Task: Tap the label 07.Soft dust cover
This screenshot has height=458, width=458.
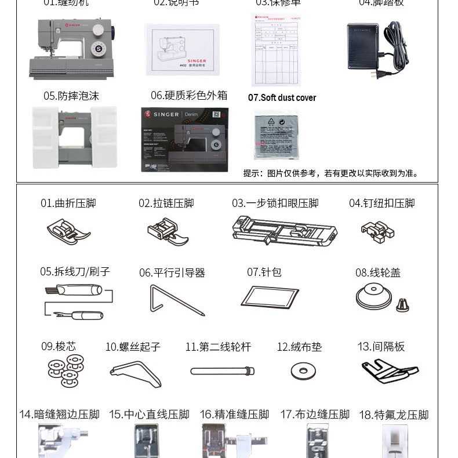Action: coord(282,97)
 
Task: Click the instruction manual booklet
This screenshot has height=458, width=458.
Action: coord(182,49)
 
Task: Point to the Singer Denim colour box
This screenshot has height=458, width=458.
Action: coord(184,139)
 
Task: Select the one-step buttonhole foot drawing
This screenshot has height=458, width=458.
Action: coord(284,231)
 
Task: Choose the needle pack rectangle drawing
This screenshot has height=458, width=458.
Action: coord(270,297)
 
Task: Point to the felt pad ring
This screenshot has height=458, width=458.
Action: coord(303,371)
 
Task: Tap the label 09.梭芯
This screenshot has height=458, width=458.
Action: coord(58,346)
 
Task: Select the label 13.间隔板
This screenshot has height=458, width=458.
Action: coord(381,346)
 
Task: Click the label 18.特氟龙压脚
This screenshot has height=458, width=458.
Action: coord(393,415)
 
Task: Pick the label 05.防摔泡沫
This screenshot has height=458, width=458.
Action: coord(71,96)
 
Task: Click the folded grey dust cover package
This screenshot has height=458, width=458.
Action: coord(276,135)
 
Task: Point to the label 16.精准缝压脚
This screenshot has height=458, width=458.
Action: coord(234,415)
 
